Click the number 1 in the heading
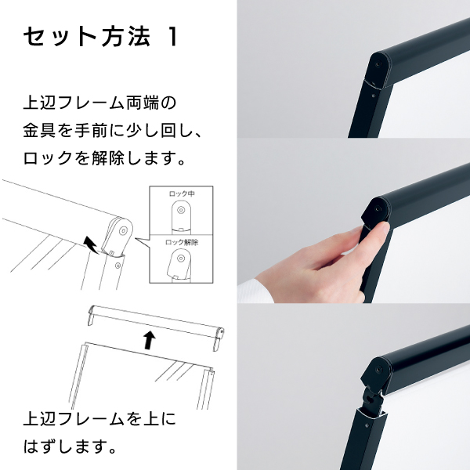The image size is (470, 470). point(172,37)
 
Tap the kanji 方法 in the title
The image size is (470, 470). point(125,37)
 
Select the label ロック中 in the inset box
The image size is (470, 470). point(182,193)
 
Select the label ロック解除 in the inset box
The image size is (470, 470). point(182,242)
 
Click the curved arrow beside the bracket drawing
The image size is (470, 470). point(92,245)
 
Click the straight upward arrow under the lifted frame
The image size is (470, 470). point(150,340)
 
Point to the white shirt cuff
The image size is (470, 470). point(255,290)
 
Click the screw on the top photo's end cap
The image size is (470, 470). point(378,63)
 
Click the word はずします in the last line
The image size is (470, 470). point(66,446)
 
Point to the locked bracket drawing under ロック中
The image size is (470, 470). point(181,217)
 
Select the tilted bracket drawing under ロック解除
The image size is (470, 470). point(179,265)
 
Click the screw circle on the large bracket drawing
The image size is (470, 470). point(123,231)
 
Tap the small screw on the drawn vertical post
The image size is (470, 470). point(117,266)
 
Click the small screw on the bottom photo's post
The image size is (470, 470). point(367,425)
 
